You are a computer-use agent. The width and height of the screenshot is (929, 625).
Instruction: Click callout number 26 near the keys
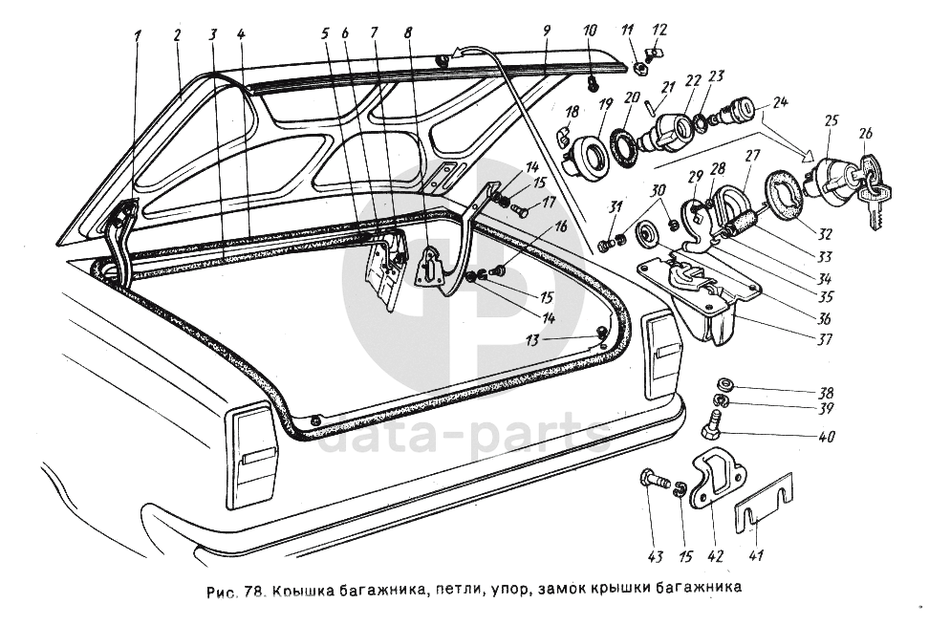[866, 133]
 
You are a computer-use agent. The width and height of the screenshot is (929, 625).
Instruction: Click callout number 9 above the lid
[547, 30]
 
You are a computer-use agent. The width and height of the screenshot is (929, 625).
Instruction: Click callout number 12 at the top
[659, 30]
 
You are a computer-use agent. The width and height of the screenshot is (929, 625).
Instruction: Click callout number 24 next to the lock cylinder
[780, 101]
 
